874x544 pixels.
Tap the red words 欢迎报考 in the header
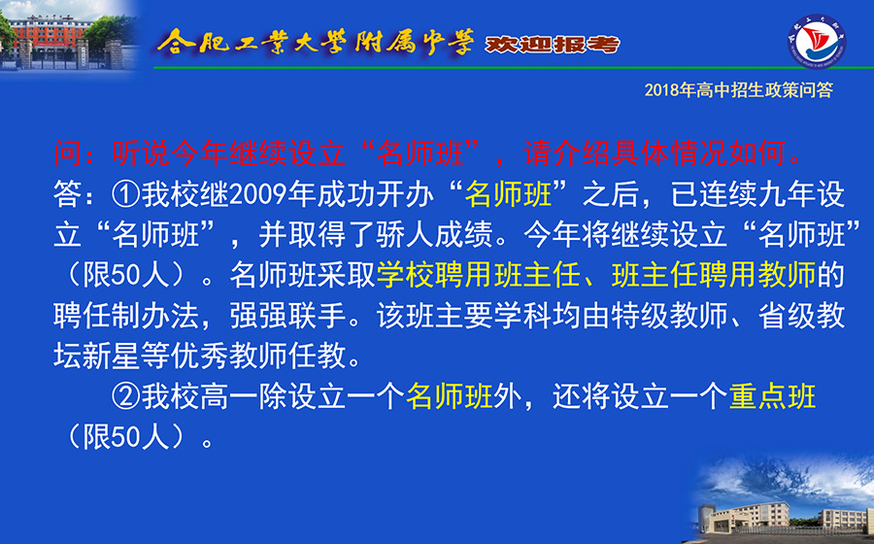[x=552, y=44]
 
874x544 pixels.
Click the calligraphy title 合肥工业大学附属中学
[x=316, y=42]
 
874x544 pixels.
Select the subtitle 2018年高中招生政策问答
[x=738, y=90]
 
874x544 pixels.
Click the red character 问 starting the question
[x=68, y=153]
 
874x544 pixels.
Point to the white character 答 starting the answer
[x=68, y=194]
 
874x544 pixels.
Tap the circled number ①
[x=126, y=194]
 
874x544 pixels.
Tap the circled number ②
[x=126, y=397]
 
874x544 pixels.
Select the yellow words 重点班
[x=772, y=397]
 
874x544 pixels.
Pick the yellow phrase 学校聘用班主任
[x=478, y=276]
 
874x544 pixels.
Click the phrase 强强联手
[x=287, y=317]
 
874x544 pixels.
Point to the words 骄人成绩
[x=435, y=235]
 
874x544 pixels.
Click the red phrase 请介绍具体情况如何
[x=655, y=153]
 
